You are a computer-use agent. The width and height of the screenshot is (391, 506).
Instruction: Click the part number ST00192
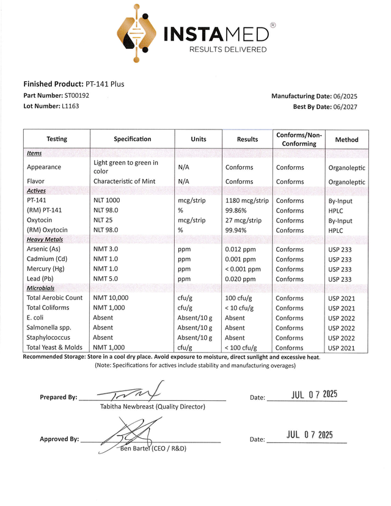point(76,96)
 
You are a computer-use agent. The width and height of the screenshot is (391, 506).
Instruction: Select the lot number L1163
point(70,106)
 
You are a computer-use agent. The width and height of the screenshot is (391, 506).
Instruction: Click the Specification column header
point(133,139)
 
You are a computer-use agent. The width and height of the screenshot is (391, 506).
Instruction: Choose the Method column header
point(346,140)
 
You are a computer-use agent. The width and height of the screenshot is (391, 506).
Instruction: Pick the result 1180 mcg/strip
point(247,200)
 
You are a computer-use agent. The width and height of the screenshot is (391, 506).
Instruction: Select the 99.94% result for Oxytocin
point(238,230)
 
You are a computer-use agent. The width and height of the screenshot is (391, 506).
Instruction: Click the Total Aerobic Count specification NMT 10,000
point(111,298)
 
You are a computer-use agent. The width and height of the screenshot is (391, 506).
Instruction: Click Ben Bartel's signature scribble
point(131,435)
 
